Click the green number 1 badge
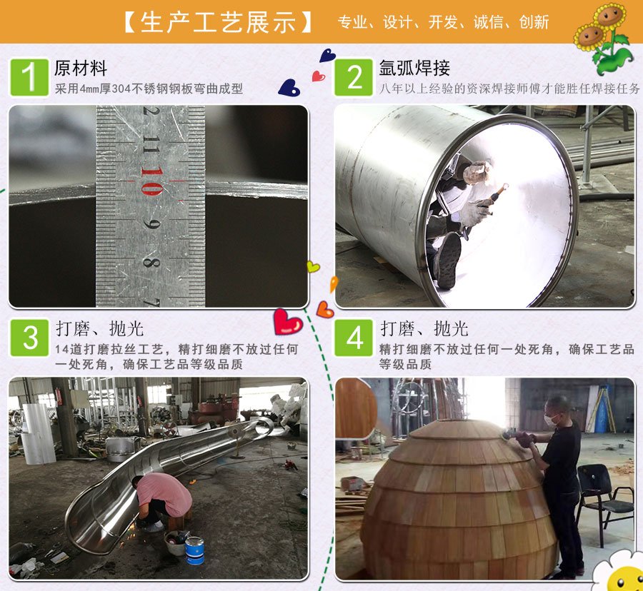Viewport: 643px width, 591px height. tap(29, 77)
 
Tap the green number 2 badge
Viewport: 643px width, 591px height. tap(354, 77)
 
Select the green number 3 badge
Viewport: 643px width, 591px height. tap(29, 338)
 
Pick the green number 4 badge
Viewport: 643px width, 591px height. tap(354, 338)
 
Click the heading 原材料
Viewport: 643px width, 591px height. tap(80, 69)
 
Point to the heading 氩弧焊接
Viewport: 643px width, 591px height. tap(414, 69)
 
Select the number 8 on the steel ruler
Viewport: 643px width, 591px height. tap(150, 262)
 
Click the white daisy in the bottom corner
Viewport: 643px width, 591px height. tap(619, 571)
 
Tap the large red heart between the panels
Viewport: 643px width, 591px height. tap(287, 322)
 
